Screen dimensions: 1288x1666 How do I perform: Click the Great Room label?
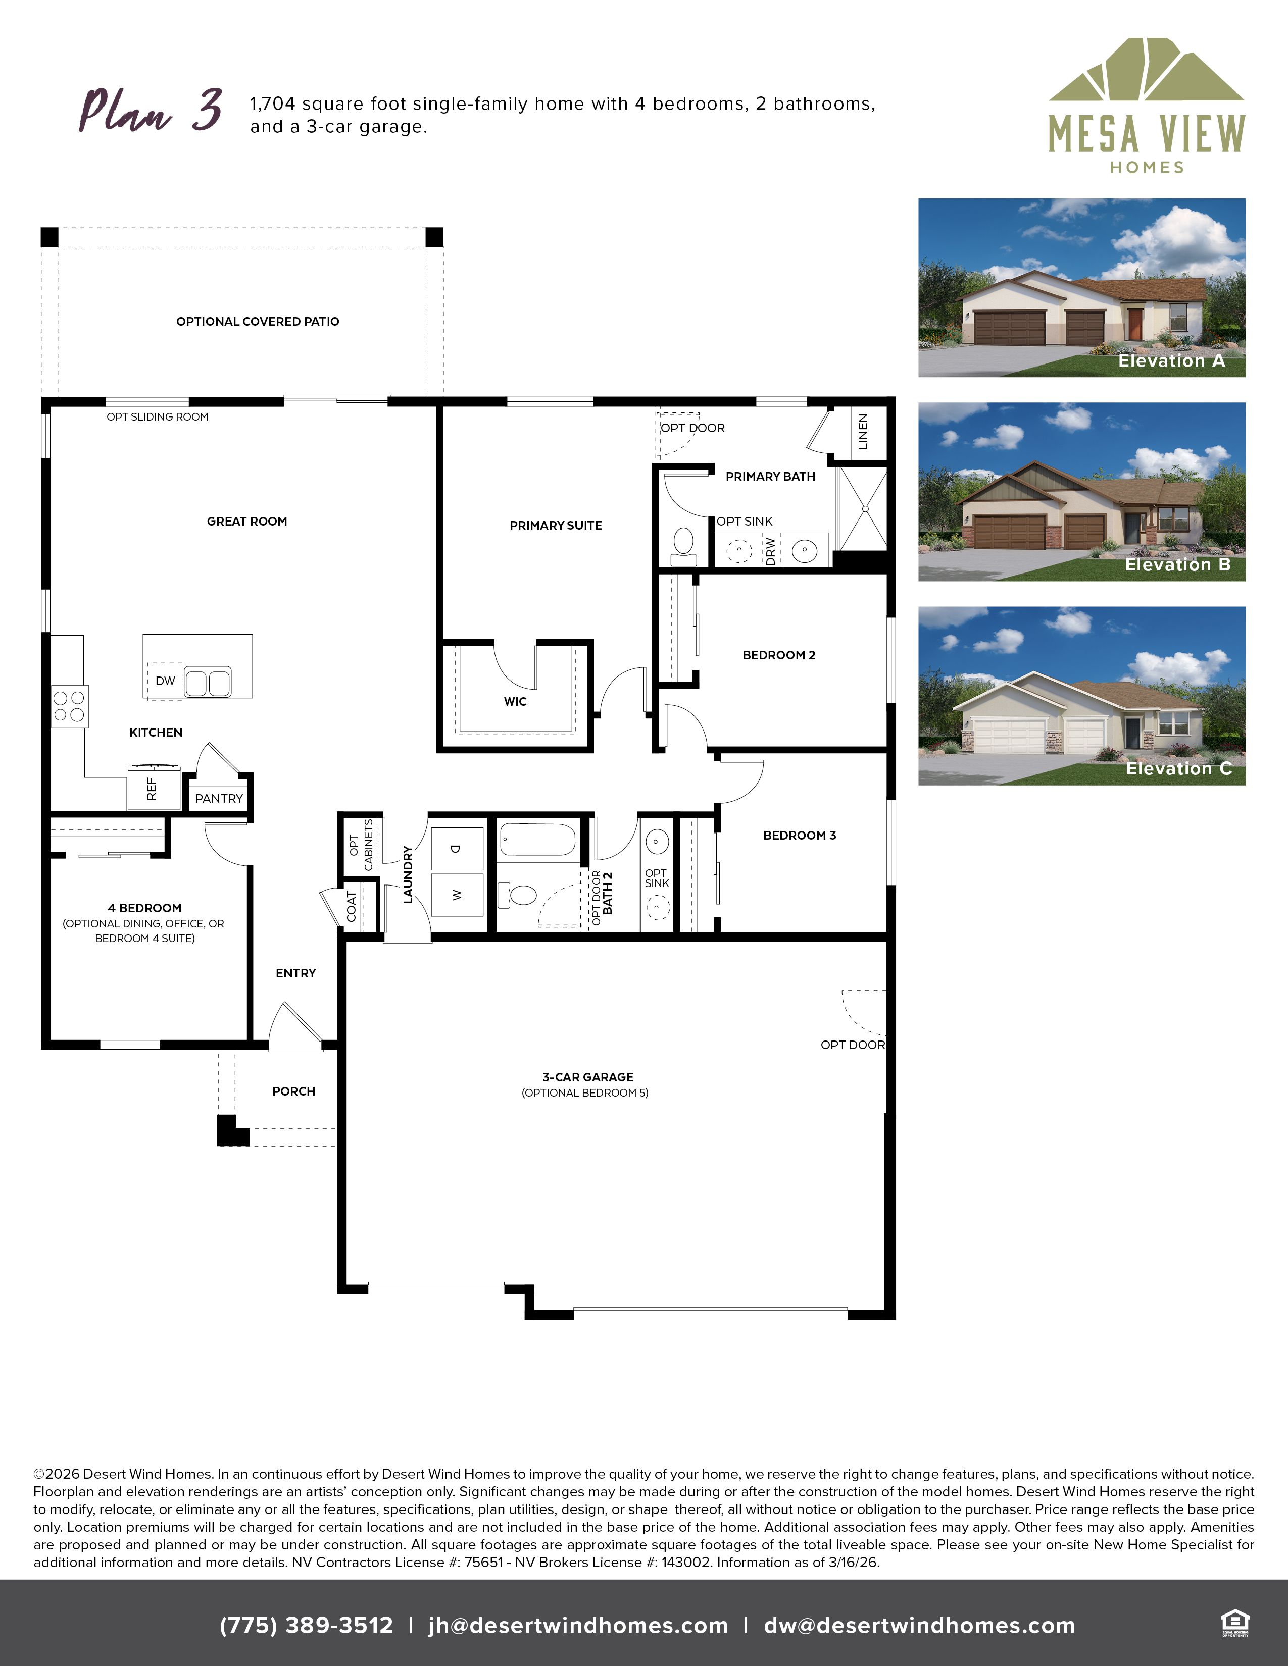[x=247, y=521]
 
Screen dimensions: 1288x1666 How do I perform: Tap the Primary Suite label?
[x=556, y=525]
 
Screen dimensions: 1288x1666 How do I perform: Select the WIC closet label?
[x=515, y=701]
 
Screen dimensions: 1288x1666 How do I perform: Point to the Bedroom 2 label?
[x=779, y=654]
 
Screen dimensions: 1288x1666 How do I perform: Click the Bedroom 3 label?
[x=800, y=835]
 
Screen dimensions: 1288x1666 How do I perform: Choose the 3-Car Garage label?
[x=587, y=1076]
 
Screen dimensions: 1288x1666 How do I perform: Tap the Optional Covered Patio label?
[x=258, y=321]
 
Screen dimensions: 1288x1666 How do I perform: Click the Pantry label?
[x=219, y=798]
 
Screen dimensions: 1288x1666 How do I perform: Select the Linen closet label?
[x=863, y=431]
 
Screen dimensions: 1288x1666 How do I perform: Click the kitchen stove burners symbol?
[x=69, y=706]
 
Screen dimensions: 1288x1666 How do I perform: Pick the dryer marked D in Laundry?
[x=457, y=848]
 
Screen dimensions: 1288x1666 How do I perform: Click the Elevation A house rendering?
[x=1081, y=288]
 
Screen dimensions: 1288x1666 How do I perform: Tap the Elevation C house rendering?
[x=1081, y=696]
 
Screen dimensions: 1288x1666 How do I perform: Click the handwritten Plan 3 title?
[x=151, y=110]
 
